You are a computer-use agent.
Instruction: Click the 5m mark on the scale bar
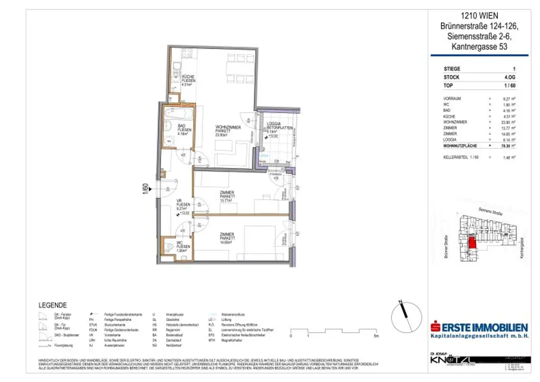pos(375,336)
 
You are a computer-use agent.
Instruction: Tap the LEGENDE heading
pos(53,305)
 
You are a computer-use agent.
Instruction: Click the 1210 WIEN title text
pos(479,16)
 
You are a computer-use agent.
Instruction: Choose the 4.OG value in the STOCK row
pos(509,78)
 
